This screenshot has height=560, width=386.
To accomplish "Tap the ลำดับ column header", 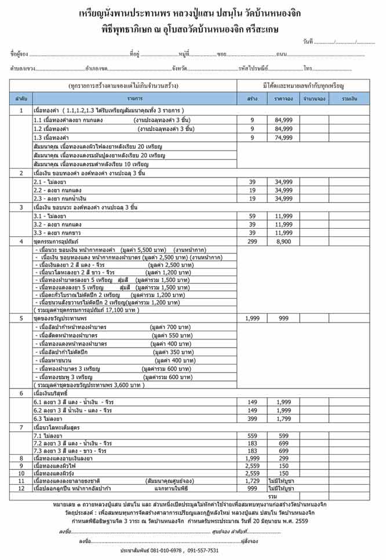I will click(x=21, y=99).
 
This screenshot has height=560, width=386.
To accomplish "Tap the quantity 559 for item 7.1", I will click(x=252, y=435).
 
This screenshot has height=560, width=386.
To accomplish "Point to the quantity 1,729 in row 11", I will click(x=252, y=481).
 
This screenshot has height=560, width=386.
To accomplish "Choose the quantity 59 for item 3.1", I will click(x=252, y=215).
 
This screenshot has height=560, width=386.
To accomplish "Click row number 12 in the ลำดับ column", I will click(x=21, y=488).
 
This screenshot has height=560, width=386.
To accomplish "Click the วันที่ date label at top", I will click(x=308, y=42).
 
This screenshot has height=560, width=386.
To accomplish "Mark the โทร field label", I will click(x=308, y=68).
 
